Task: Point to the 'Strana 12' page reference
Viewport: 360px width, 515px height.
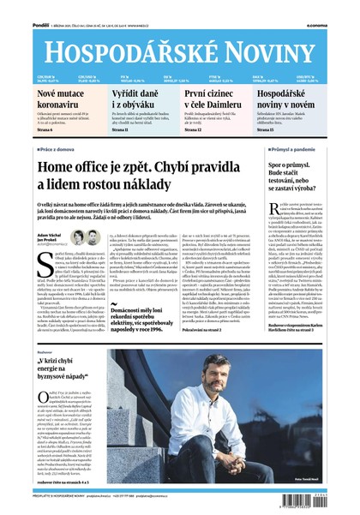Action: pos(197,129)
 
